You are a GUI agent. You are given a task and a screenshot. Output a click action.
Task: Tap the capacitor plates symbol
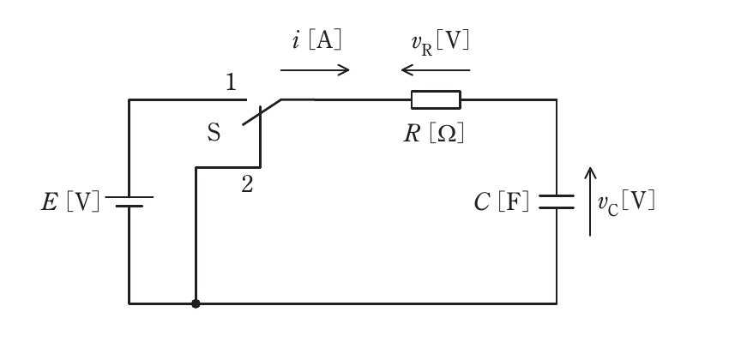[557, 201]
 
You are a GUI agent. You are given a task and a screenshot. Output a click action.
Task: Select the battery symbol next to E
[130, 201]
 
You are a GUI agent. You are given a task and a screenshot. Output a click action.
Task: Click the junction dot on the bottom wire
[196, 303]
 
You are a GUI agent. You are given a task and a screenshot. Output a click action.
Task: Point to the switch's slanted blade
[262, 112]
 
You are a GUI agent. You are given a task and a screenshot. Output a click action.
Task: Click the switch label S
[214, 133]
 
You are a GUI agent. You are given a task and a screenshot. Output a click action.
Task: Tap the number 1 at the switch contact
[231, 82]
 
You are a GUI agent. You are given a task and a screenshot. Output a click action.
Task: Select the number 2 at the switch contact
[247, 185]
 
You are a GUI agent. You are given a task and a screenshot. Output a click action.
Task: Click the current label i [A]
[317, 41]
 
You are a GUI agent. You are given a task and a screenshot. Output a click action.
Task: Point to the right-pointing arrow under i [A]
[315, 70]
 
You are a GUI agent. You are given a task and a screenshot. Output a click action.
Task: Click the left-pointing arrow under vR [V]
[436, 70]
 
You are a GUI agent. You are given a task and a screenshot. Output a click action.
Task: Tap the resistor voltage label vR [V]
[440, 43]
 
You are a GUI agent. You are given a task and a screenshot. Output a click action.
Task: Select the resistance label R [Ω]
[434, 134]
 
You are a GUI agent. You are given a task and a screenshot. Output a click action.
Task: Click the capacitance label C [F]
[502, 202]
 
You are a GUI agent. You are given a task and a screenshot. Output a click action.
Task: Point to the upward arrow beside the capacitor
[590, 201]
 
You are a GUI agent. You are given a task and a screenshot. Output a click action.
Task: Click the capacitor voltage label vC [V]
[626, 203]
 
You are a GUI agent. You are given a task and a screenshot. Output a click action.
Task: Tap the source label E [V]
[70, 202]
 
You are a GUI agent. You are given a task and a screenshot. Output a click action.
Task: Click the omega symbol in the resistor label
[447, 134]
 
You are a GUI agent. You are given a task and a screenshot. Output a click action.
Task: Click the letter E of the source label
[50, 202]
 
